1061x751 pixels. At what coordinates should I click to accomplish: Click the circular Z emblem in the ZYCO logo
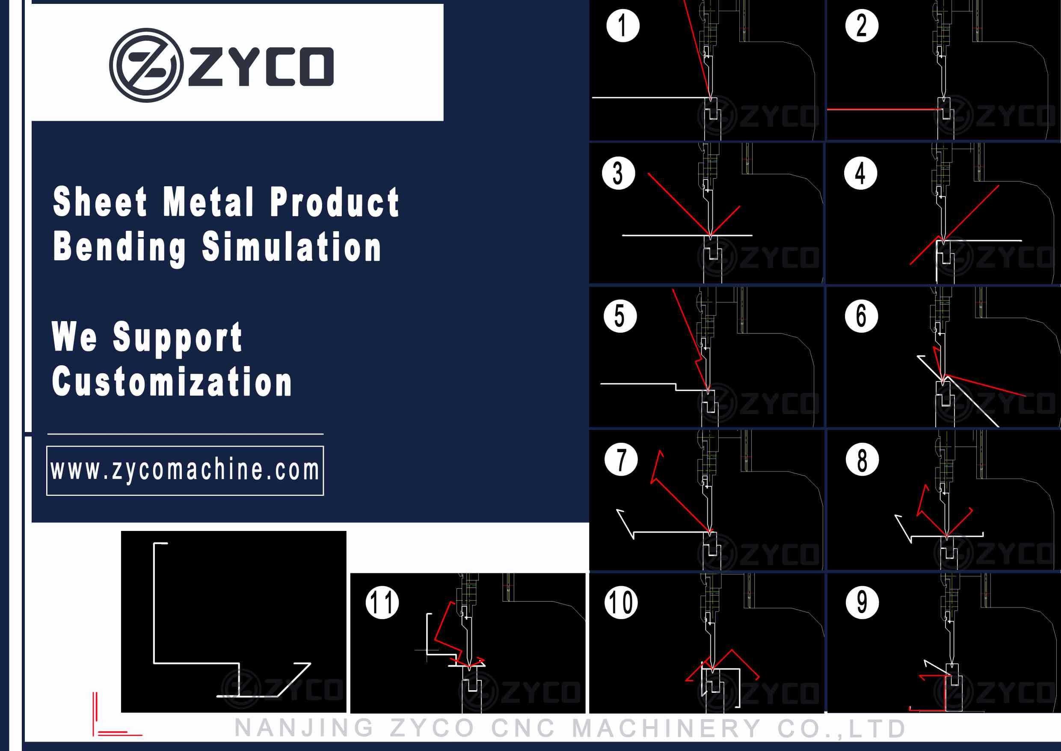[x=146, y=65]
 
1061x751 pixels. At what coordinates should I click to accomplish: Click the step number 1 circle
[x=623, y=25]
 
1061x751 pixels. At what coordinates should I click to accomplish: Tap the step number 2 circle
[x=862, y=25]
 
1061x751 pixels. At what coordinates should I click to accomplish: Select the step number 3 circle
[x=618, y=173]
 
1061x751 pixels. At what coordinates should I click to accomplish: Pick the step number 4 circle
[x=860, y=173]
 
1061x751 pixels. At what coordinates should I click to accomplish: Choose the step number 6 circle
[x=861, y=316]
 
